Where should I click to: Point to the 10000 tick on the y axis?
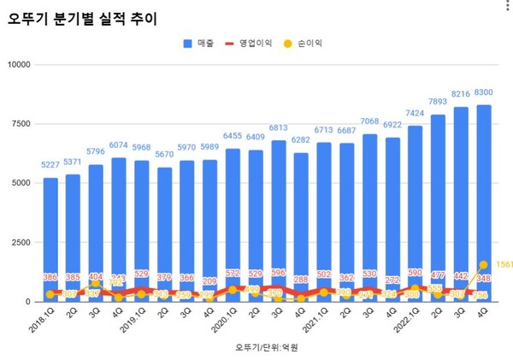(x=18, y=64)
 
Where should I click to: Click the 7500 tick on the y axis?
(x=21, y=124)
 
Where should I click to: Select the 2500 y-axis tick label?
(x=21, y=243)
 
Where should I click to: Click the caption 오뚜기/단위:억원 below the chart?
(x=267, y=348)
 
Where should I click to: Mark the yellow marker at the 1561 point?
(x=483, y=264)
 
